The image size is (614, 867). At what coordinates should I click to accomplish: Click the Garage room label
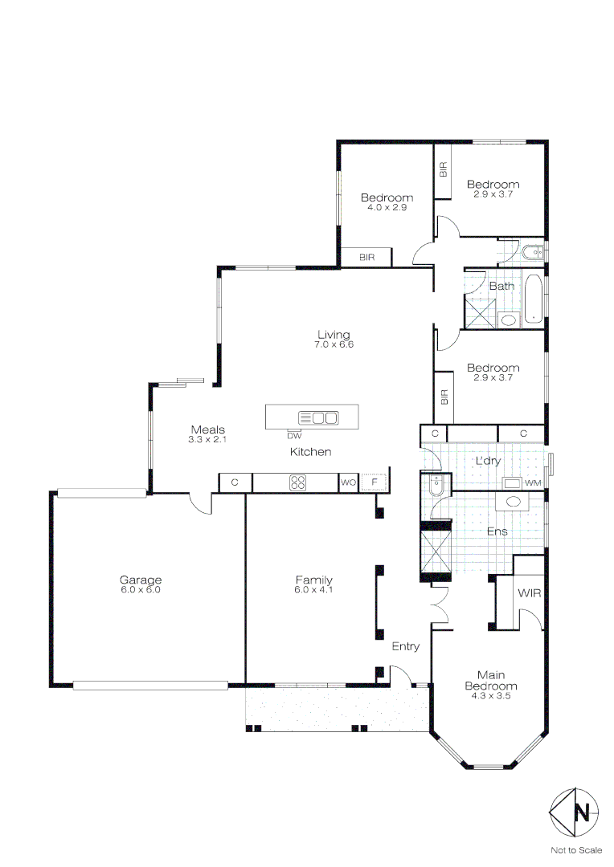[141, 580]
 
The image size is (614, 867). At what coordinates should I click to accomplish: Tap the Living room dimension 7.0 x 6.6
[334, 344]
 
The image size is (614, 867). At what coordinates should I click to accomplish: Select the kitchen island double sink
[318, 417]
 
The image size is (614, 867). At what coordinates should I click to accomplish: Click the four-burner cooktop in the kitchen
[298, 482]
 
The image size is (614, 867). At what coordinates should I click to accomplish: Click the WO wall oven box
[348, 482]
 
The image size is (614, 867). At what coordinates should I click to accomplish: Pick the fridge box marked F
[375, 482]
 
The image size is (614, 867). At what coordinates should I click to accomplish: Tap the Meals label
[207, 429]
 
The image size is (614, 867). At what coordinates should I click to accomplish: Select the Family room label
[313, 580]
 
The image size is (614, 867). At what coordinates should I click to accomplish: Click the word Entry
[405, 646]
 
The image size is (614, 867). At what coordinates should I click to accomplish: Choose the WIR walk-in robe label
[528, 593]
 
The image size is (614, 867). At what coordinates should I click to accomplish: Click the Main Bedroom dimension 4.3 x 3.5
[491, 696]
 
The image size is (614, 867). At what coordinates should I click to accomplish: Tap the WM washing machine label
[532, 483]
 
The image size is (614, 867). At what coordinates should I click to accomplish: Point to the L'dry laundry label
[488, 461]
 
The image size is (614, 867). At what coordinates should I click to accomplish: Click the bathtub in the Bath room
[533, 299]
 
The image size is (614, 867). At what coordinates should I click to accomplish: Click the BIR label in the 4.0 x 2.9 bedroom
[366, 258]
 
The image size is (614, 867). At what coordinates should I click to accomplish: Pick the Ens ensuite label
[497, 531]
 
